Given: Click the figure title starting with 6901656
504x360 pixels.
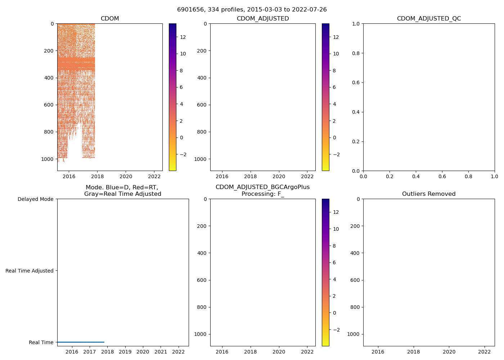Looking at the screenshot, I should (x=252, y=10).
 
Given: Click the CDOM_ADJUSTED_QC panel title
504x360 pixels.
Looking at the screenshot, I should (x=429, y=19).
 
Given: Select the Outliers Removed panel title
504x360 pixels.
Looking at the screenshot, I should (x=429, y=194).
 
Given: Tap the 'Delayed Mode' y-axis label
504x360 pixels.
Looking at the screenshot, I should (x=35, y=199).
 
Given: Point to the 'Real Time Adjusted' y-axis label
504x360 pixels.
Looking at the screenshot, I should (x=29, y=271).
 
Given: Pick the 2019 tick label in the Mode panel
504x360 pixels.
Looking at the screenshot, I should (x=125, y=352).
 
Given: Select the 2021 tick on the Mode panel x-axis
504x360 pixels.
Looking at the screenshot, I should (x=161, y=352).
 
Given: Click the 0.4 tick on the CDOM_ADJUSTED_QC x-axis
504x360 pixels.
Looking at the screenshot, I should (x=416, y=176).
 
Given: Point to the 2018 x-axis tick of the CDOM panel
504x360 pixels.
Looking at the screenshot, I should (x=97, y=176).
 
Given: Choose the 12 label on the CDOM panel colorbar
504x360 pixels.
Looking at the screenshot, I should (x=183, y=37).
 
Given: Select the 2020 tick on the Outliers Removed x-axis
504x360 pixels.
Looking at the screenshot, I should (x=449, y=352).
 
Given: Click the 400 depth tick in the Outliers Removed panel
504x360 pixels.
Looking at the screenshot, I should (x=355, y=253).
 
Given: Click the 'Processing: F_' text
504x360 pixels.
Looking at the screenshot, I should (x=262, y=194).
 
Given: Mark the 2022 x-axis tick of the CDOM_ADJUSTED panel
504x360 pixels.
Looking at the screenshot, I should (x=307, y=176).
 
